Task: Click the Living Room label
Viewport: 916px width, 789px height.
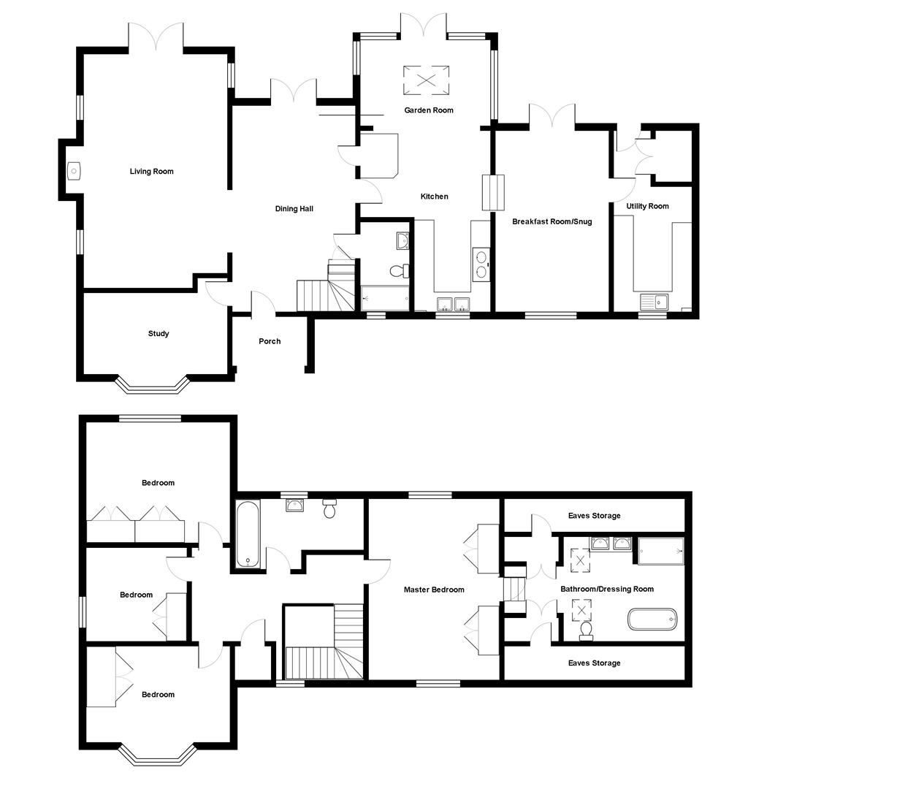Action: click(x=152, y=172)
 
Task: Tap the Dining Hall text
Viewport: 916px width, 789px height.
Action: click(x=294, y=209)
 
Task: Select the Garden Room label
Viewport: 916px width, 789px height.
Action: click(x=429, y=110)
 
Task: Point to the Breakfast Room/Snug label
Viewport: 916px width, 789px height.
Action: click(x=551, y=221)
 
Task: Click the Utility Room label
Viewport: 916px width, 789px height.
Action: click(x=647, y=206)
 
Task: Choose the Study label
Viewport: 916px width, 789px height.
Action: click(x=159, y=334)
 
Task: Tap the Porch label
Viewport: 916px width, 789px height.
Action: click(x=270, y=341)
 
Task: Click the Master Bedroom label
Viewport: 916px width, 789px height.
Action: click(x=434, y=590)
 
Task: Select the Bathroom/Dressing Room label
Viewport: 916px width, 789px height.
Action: click(x=607, y=589)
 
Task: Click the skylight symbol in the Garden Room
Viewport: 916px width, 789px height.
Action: click(x=427, y=80)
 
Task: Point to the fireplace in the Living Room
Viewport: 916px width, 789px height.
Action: click(x=73, y=172)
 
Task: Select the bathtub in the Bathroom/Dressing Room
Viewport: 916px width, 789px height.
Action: click(x=652, y=620)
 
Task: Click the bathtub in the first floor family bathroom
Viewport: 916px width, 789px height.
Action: click(x=247, y=533)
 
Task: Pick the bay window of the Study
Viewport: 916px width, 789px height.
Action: click(x=152, y=385)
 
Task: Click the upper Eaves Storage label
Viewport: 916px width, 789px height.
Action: click(x=594, y=516)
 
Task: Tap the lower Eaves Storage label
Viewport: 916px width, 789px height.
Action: click(x=594, y=663)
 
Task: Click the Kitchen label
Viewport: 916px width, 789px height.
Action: click(x=434, y=197)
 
